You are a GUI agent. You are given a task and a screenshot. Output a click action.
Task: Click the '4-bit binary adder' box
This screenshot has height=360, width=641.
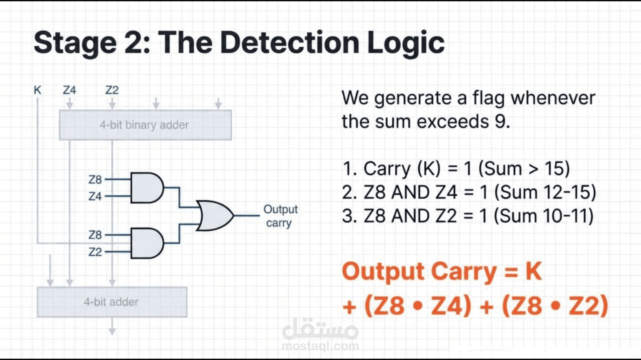[x=145, y=125]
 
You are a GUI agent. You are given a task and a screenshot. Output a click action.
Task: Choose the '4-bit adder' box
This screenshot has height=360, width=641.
[x=112, y=302]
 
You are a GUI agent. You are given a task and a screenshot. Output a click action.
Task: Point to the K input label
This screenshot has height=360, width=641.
[x=37, y=90]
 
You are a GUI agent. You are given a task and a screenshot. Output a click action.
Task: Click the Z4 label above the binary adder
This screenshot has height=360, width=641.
[x=69, y=90]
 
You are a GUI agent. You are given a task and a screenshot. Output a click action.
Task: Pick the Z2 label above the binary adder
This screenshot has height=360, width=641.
[x=112, y=90]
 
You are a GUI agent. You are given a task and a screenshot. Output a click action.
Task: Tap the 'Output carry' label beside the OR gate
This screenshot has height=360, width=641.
[x=280, y=216]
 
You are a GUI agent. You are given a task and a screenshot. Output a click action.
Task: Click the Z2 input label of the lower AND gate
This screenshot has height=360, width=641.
[x=95, y=252]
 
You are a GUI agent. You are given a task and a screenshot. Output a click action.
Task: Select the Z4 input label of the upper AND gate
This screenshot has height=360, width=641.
[x=95, y=196]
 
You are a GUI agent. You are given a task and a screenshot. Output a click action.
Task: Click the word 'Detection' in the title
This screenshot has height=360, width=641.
[x=289, y=43]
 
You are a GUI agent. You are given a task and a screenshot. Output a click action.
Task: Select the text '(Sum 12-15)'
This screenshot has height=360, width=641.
[x=545, y=193]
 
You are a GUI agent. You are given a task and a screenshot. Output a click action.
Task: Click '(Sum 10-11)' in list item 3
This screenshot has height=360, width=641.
[x=544, y=216]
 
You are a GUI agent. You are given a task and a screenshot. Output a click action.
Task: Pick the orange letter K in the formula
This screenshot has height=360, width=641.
[x=533, y=272]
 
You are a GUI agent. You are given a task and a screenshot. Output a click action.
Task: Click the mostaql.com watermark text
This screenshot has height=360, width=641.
[x=320, y=346]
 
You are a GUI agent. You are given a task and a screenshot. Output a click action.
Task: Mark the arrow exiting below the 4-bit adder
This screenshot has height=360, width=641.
[x=112, y=326]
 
